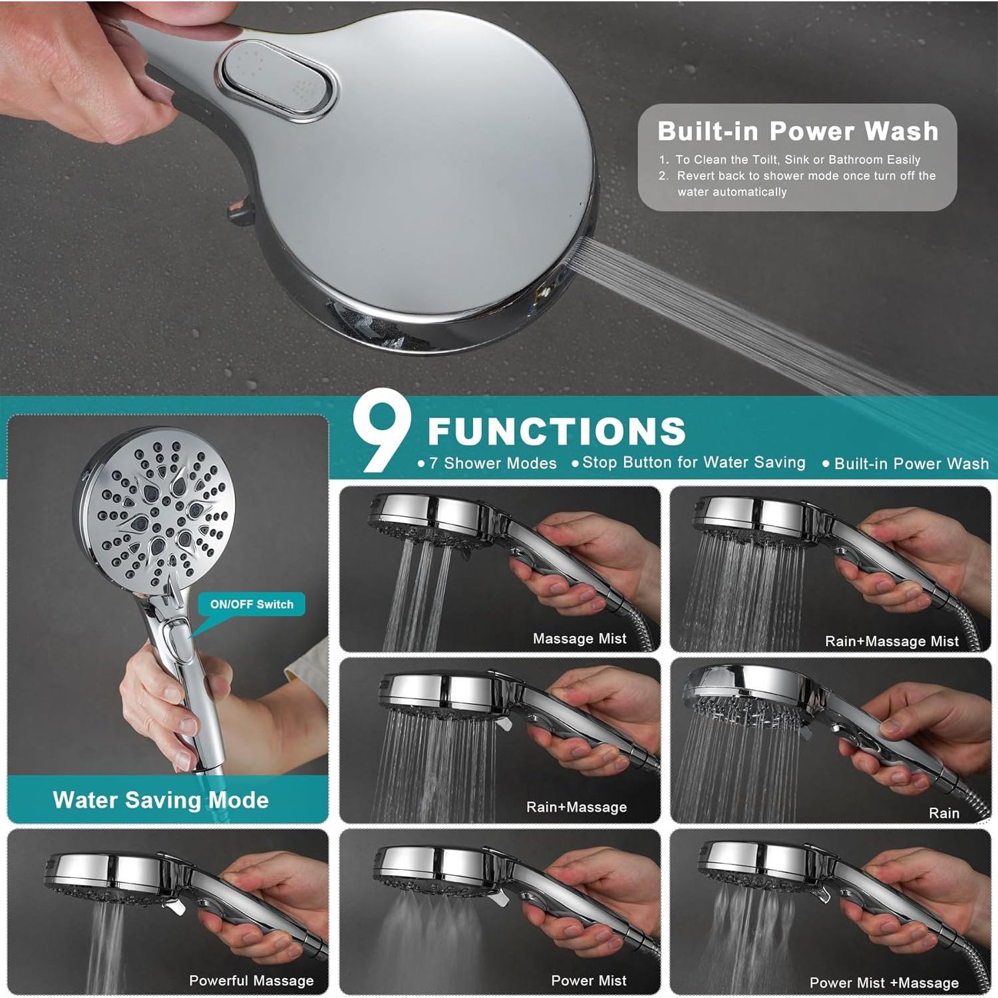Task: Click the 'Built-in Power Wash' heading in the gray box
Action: click(x=797, y=131)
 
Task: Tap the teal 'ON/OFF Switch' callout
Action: click(x=251, y=604)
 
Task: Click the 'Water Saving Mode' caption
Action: click(x=160, y=800)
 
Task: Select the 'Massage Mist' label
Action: click(x=580, y=639)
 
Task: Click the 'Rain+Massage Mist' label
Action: click(x=892, y=641)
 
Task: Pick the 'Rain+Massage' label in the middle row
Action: click(x=576, y=807)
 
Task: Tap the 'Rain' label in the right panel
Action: click(x=943, y=813)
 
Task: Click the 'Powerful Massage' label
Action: click(x=251, y=981)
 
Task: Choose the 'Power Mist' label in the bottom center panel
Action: click(x=588, y=981)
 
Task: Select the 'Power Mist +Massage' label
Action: click(x=884, y=983)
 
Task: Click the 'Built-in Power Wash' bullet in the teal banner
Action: click(x=911, y=464)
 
